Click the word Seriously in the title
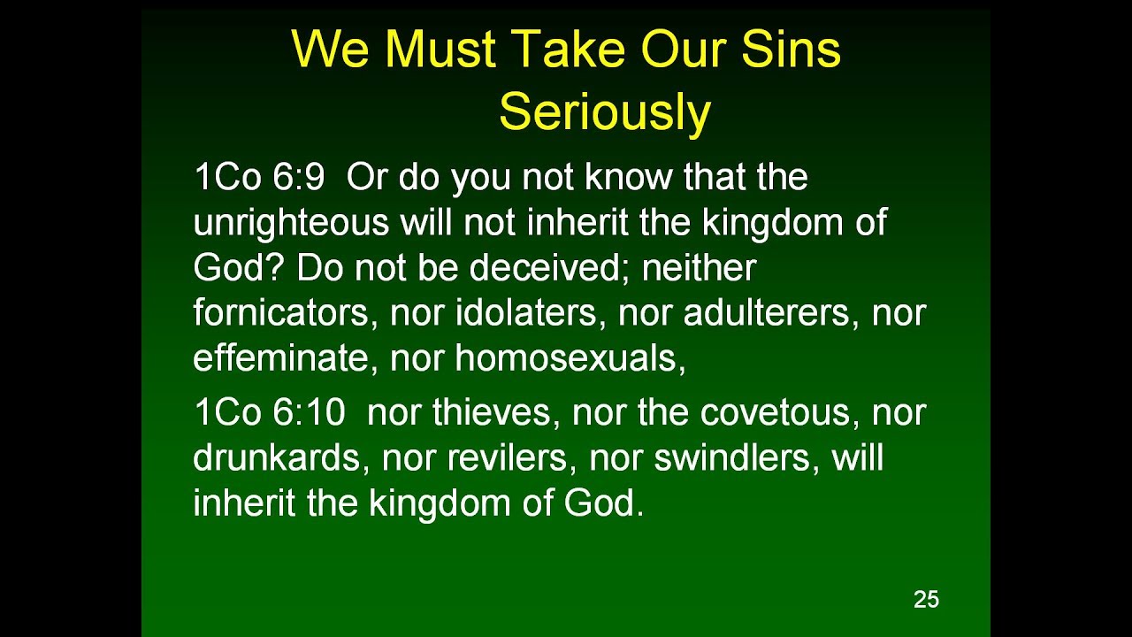pos(605,113)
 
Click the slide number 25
pos(926,600)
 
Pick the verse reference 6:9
pos(298,178)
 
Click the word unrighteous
pos(291,224)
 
